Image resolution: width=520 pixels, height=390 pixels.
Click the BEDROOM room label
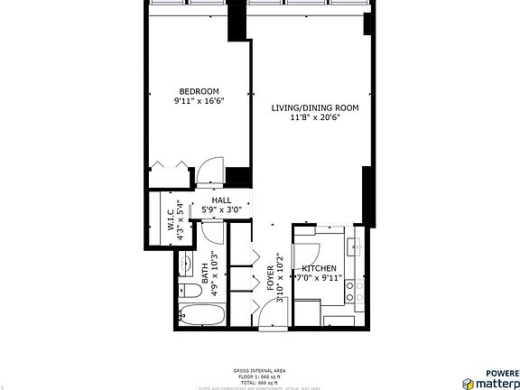pos(199,91)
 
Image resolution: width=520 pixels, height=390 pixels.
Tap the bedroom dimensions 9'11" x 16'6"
pos(199,101)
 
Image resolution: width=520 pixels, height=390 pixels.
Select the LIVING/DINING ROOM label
pos(315,108)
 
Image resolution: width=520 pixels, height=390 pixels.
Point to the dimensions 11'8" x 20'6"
pos(315,118)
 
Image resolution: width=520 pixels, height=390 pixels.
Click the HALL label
pos(221,200)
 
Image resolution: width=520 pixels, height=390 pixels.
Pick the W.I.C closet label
pos(171,222)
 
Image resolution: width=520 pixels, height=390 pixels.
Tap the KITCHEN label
pos(320,269)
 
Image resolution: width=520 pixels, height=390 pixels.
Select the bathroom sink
pos(187,264)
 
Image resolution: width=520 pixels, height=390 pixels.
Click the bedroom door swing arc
pos(210,169)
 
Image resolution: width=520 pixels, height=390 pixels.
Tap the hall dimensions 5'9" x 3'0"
pos(221,210)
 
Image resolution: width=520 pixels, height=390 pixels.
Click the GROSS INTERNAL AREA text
pos(259,371)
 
